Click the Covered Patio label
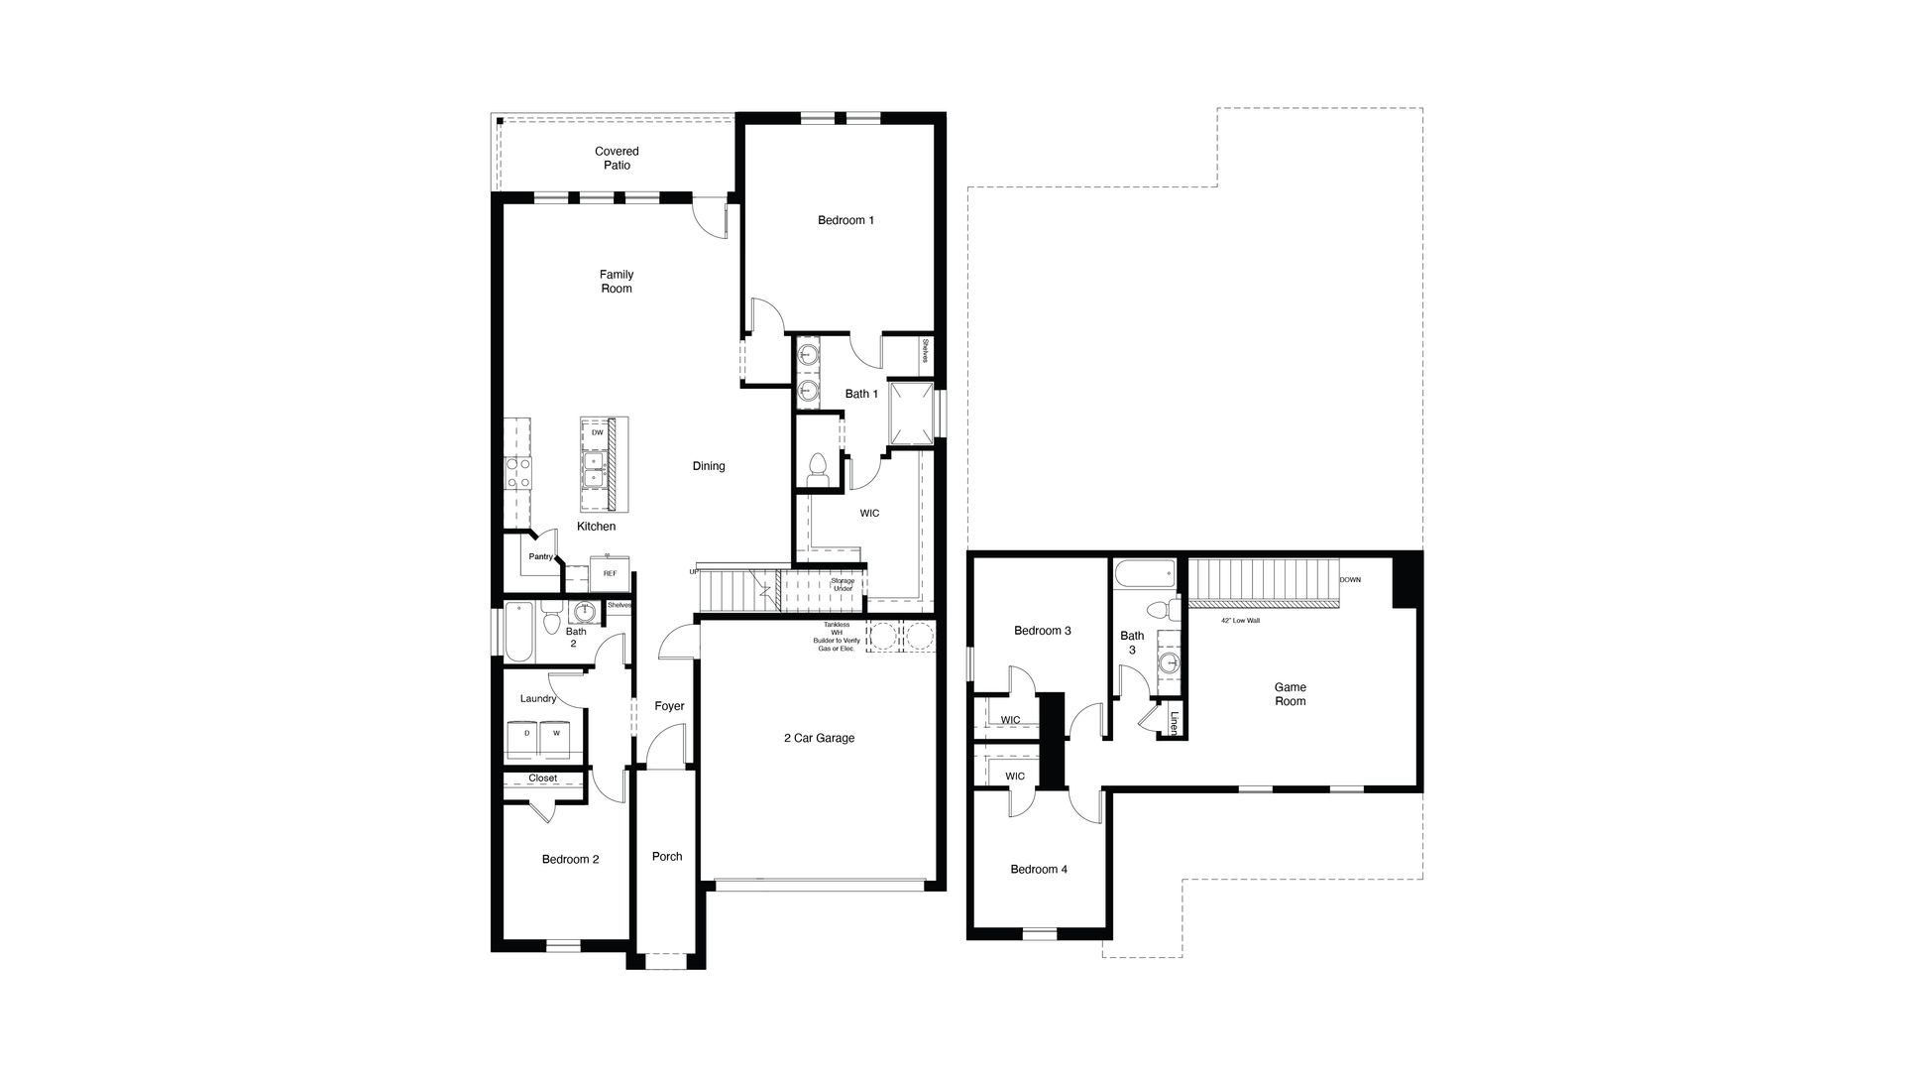617,159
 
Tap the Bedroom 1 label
845,220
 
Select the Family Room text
616,282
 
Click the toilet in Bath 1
819,469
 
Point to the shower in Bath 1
911,413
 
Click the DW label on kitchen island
597,433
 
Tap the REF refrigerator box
610,574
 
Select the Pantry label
540,557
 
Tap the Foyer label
669,707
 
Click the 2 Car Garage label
819,738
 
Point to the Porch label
667,857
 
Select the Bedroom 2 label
570,860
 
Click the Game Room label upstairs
1290,694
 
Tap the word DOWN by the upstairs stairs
1350,580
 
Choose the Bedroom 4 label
1039,870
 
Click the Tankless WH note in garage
836,637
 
